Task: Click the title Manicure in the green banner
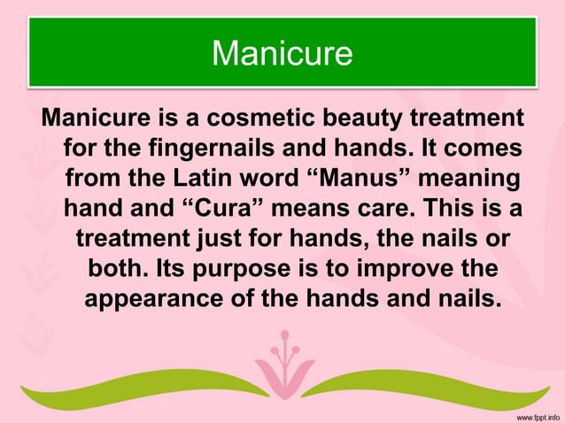point(282,53)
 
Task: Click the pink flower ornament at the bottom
point(283,363)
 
